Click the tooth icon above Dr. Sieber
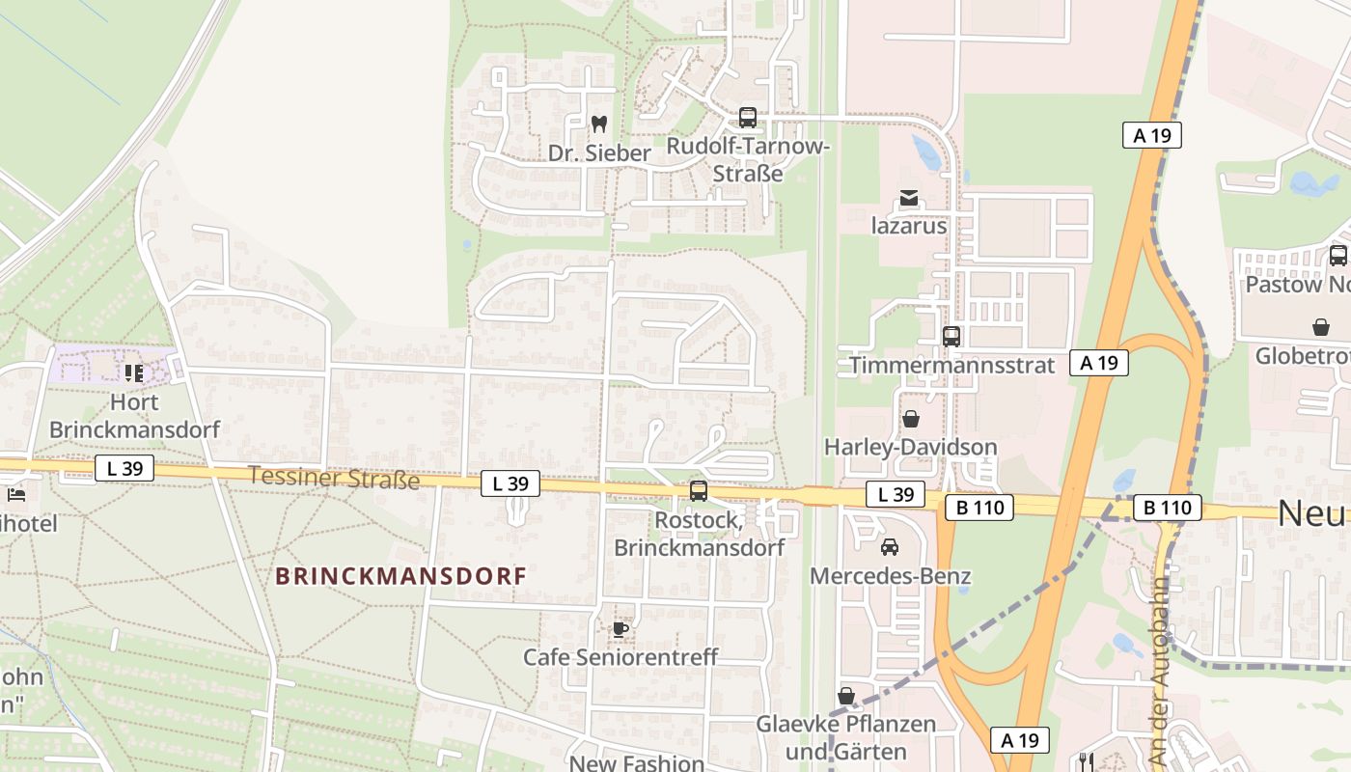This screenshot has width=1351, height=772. point(598,124)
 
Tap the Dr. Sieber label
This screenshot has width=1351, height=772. point(599,153)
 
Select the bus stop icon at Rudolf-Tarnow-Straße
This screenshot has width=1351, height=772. point(748,118)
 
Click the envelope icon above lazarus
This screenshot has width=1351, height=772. point(909,199)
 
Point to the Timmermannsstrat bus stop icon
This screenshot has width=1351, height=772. point(951,336)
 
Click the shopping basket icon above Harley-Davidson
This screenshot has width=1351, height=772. point(910,419)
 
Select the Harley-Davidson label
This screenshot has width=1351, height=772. point(910,447)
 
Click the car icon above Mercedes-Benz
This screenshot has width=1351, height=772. point(890,547)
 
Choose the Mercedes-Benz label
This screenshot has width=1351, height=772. point(890,576)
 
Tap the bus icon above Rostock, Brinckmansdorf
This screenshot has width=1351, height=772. point(699,491)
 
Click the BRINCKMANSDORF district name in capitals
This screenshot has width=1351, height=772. point(400,576)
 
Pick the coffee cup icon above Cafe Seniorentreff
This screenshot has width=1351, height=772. point(620,629)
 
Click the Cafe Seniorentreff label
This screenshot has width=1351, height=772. point(620,657)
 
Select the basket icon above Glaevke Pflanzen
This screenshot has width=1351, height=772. point(846,696)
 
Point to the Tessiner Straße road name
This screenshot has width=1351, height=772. point(334,477)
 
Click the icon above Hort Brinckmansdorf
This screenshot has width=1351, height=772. point(134,372)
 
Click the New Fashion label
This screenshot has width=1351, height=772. point(637,762)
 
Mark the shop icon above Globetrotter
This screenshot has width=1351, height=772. point(1321,327)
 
